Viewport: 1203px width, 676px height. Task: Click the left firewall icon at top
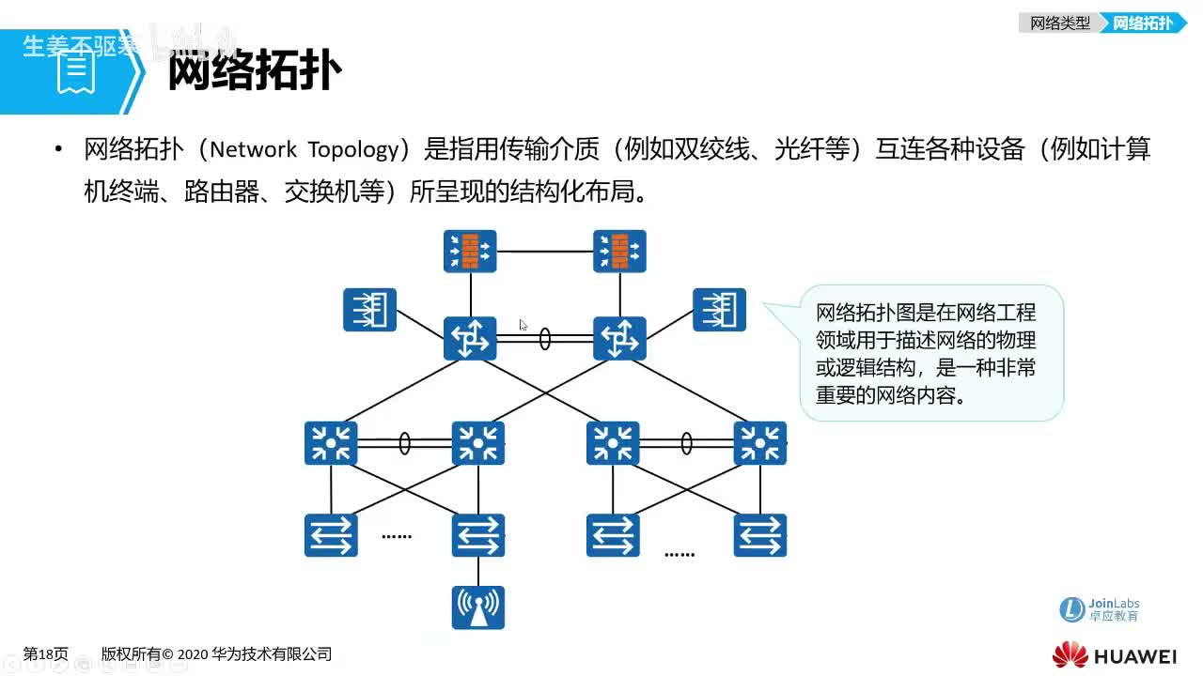pyautogui.click(x=470, y=252)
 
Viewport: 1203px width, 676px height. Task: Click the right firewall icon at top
pyautogui.click(x=619, y=252)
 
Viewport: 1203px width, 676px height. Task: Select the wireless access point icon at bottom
pyautogui.click(x=477, y=607)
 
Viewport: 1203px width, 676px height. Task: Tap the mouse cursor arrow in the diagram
pyautogui.click(x=523, y=325)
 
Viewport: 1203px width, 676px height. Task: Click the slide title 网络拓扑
pyautogui.click(x=254, y=70)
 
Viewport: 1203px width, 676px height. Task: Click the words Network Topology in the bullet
pyautogui.click(x=305, y=149)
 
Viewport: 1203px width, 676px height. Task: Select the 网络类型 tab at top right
pyautogui.click(x=1059, y=23)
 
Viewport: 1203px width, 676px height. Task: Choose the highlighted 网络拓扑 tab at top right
pyautogui.click(x=1143, y=23)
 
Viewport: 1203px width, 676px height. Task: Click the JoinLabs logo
pyautogui.click(x=1099, y=609)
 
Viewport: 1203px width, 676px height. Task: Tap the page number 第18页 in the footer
pyautogui.click(x=45, y=654)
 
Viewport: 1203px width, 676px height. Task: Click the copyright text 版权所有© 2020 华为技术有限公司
pyautogui.click(x=216, y=654)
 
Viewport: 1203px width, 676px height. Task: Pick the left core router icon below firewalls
pyautogui.click(x=470, y=338)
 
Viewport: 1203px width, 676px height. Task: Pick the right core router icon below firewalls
pyautogui.click(x=619, y=338)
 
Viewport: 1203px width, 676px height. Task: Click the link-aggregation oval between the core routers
pyautogui.click(x=545, y=339)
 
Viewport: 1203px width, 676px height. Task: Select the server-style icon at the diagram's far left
pyautogui.click(x=370, y=310)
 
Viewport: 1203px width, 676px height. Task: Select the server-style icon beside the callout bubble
pyautogui.click(x=719, y=310)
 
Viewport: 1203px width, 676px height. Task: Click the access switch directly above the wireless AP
pyautogui.click(x=477, y=535)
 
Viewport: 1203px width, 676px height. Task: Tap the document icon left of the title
pyautogui.click(x=76, y=71)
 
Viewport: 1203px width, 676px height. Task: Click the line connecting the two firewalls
pyautogui.click(x=545, y=252)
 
